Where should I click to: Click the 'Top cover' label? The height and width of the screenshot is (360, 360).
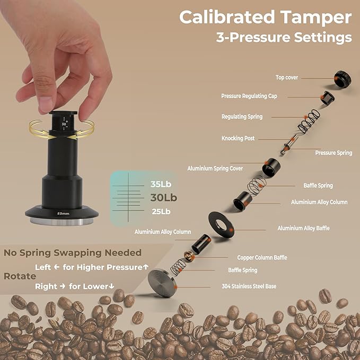pyautogui.click(x=287, y=77)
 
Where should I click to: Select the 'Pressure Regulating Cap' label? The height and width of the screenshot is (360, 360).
pyautogui.click(x=249, y=96)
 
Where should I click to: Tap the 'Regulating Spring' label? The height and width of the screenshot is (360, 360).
pyautogui.click(x=242, y=117)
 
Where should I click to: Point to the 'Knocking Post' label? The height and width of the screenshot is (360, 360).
pyautogui.click(x=238, y=138)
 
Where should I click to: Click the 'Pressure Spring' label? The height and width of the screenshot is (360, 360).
pyautogui.click(x=333, y=153)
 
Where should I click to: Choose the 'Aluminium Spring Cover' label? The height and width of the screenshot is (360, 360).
pyautogui.click(x=215, y=169)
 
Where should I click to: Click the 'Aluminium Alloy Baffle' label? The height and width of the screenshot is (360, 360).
pyautogui.click(x=303, y=229)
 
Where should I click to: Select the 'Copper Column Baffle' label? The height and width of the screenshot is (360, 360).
pyautogui.click(x=262, y=258)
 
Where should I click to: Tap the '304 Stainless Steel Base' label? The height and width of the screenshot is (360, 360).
pyautogui.click(x=249, y=286)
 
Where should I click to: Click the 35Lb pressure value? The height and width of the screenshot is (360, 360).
pyautogui.click(x=161, y=185)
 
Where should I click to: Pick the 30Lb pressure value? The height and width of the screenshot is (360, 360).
pyautogui.click(x=163, y=198)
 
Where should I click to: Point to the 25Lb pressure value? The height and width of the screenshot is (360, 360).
pyautogui.click(x=161, y=212)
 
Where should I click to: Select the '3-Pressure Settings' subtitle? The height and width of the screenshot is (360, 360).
pyautogui.click(x=284, y=38)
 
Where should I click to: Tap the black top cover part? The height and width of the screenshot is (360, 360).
pyautogui.click(x=342, y=80)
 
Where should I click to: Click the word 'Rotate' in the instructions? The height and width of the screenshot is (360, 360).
pyautogui.click(x=20, y=276)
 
